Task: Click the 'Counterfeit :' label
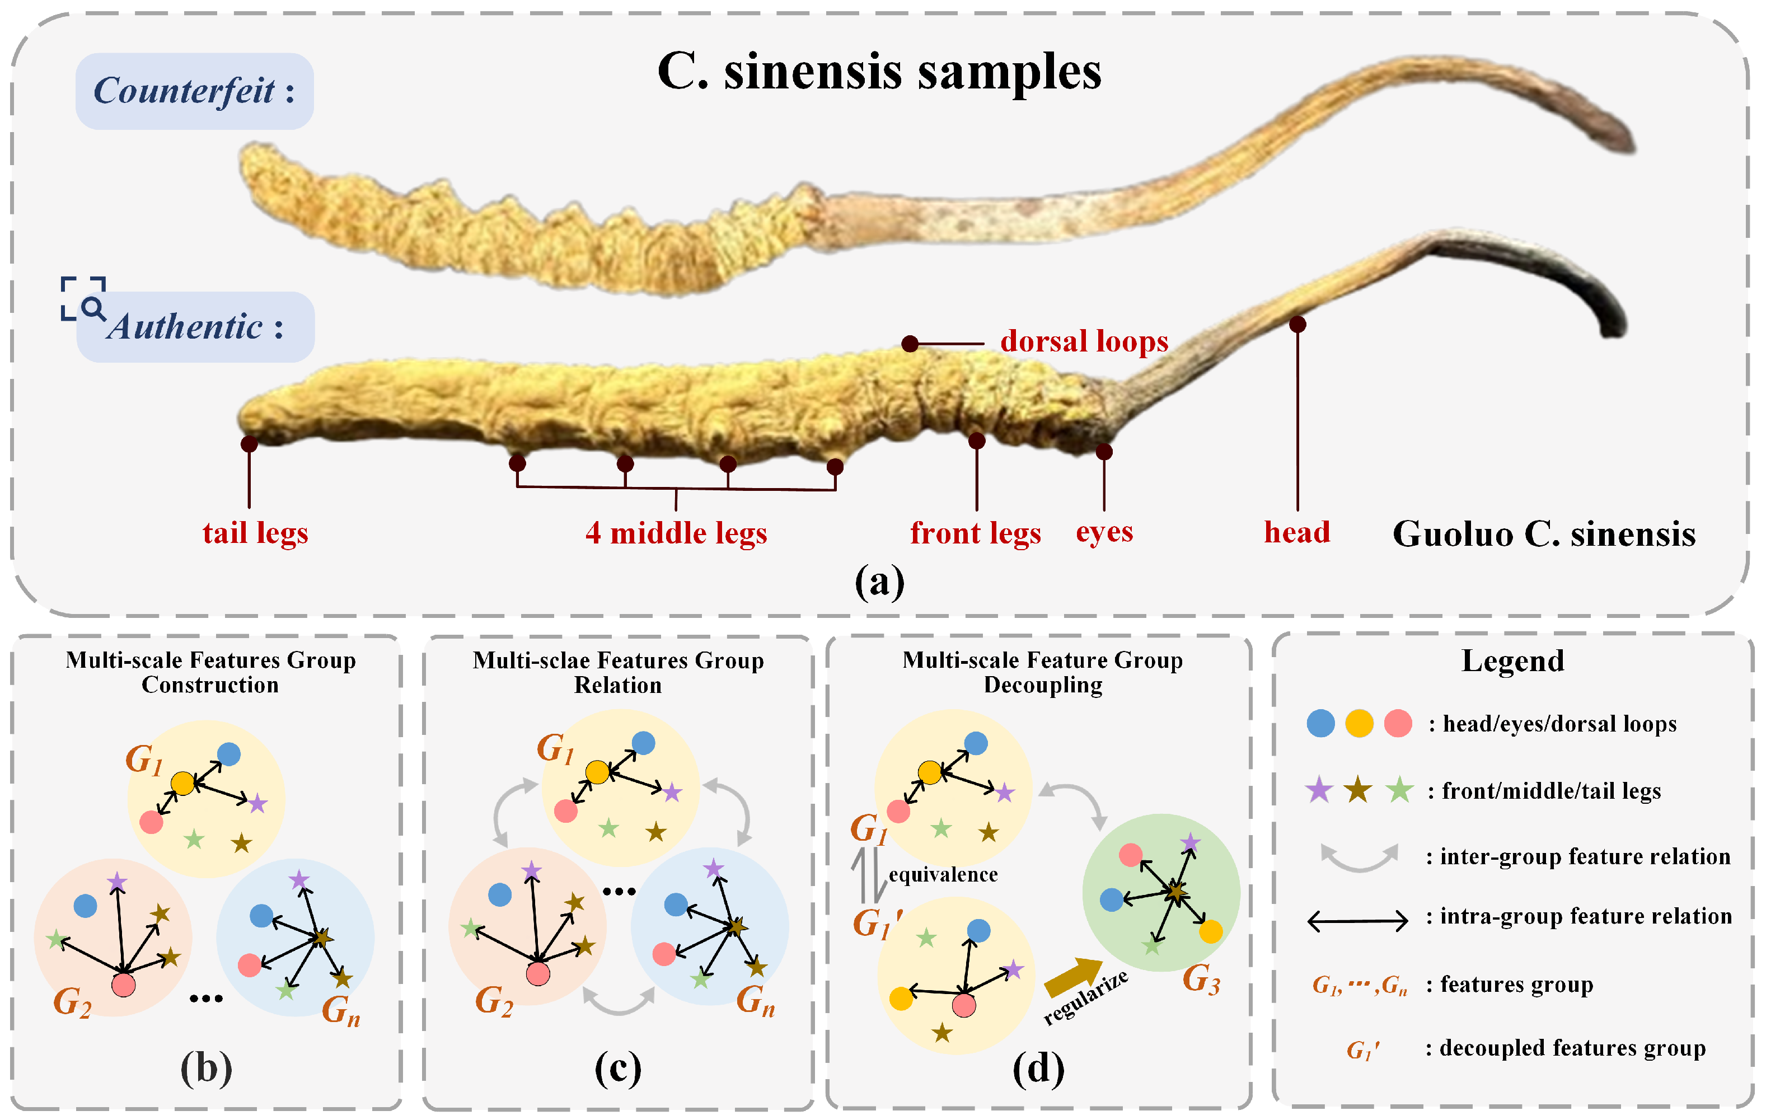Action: (194, 91)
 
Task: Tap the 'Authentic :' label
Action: (196, 327)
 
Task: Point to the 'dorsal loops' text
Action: (1083, 342)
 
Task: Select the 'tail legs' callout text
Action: (255, 533)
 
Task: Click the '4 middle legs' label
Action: (676, 533)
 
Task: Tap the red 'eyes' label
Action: (1104, 532)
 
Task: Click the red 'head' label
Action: (1296, 532)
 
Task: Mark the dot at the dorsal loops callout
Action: (910, 343)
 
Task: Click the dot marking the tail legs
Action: (249, 444)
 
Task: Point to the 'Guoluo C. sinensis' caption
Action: (1543, 534)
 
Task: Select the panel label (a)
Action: (879, 582)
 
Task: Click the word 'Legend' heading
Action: (1512, 661)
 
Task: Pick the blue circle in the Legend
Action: (1320, 723)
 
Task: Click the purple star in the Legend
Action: (1319, 791)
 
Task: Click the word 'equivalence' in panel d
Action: (943, 874)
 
